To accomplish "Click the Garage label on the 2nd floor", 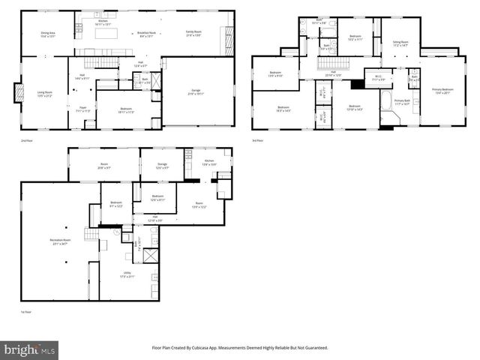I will [x=195, y=91].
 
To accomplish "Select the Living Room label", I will [x=44, y=94].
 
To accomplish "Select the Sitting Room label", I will [x=400, y=43].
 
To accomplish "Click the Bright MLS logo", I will [x=30, y=349].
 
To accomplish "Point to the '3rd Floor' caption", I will [x=258, y=139].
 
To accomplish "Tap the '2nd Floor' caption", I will [x=26, y=139].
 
